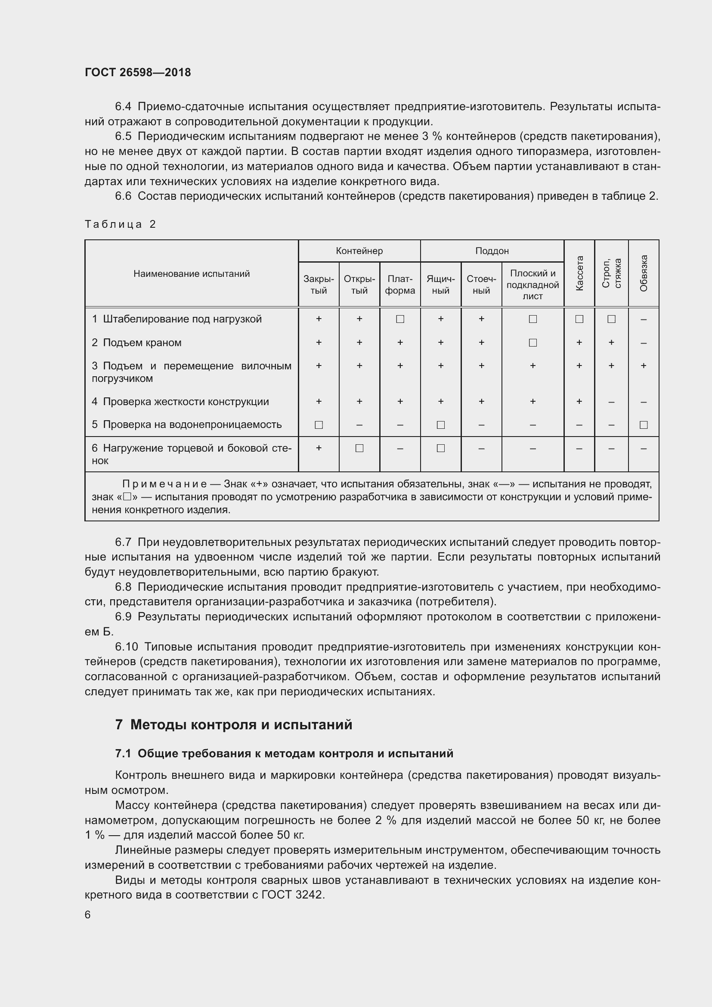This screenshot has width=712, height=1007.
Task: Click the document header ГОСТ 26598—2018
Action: [x=138, y=72]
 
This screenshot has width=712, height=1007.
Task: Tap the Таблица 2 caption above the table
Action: [x=121, y=224]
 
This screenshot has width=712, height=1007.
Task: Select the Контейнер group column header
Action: [x=359, y=251]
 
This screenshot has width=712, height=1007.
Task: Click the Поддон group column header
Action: [x=492, y=251]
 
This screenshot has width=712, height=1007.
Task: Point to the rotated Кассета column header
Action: [x=579, y=273]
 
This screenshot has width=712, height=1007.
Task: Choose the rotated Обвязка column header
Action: [x=644, y=273]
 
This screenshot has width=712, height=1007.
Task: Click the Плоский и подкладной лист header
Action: [x=532, y=284]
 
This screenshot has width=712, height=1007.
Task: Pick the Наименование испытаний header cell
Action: [x=192, y=274]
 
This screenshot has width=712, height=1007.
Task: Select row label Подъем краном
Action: [x=142, y=343]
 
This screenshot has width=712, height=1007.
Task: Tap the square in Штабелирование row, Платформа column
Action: [x=400, y=319]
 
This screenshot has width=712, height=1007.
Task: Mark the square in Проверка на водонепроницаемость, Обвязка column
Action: [x=644, y=424]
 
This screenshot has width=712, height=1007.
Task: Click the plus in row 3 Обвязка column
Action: [x=644, y=366]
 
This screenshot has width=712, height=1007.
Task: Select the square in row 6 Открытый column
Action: [x=359, y=448]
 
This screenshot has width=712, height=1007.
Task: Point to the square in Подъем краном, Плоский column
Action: [x=532, y=343]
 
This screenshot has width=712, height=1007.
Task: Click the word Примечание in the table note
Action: [x=164, y=484]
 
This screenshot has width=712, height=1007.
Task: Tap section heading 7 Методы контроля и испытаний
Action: [x=234, y=724]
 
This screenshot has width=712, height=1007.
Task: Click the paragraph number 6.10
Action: [x=126, y=647]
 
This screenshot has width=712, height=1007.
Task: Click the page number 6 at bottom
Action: [x=88, y=914]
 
